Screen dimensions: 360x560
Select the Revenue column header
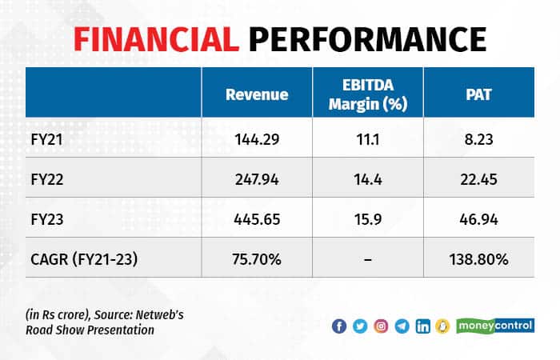point(257,94)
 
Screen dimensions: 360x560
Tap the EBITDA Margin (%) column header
point(368,94)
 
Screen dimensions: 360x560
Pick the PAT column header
point(478,94)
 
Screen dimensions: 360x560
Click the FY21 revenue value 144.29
point(257,138)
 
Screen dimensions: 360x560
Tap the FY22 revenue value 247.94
point(257,178)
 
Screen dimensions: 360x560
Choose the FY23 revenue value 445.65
point(257,218)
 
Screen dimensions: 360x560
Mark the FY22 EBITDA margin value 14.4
point(368,178)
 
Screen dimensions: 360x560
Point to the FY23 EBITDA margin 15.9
point(368,218)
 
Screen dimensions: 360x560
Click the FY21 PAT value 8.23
point(478,138)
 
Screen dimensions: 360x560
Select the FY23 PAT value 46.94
point(478,218)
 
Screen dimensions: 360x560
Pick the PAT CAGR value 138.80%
point(478,258)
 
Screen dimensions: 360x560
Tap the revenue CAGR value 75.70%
point(257,258)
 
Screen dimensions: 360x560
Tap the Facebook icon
point(339,326)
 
